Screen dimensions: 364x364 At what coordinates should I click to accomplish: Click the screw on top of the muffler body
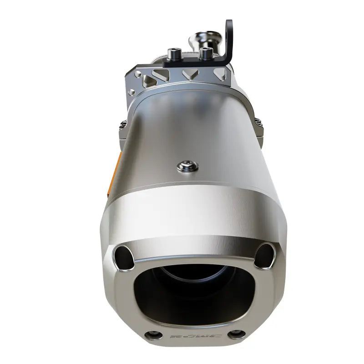tap(187, 167)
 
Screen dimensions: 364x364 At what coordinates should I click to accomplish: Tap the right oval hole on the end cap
tap(265, 255)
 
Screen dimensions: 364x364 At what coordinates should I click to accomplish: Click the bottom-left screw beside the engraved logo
tap(153, 335)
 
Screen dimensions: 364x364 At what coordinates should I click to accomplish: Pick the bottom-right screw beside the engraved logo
tap(236, 334)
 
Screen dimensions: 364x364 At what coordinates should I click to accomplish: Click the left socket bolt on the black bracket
tap(174, 54)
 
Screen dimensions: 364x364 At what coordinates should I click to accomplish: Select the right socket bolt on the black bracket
tap(206, 53)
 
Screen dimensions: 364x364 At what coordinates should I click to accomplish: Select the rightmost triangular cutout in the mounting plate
tap(220, 74)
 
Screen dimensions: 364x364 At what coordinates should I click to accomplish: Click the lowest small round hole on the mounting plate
tap(131, 92)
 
